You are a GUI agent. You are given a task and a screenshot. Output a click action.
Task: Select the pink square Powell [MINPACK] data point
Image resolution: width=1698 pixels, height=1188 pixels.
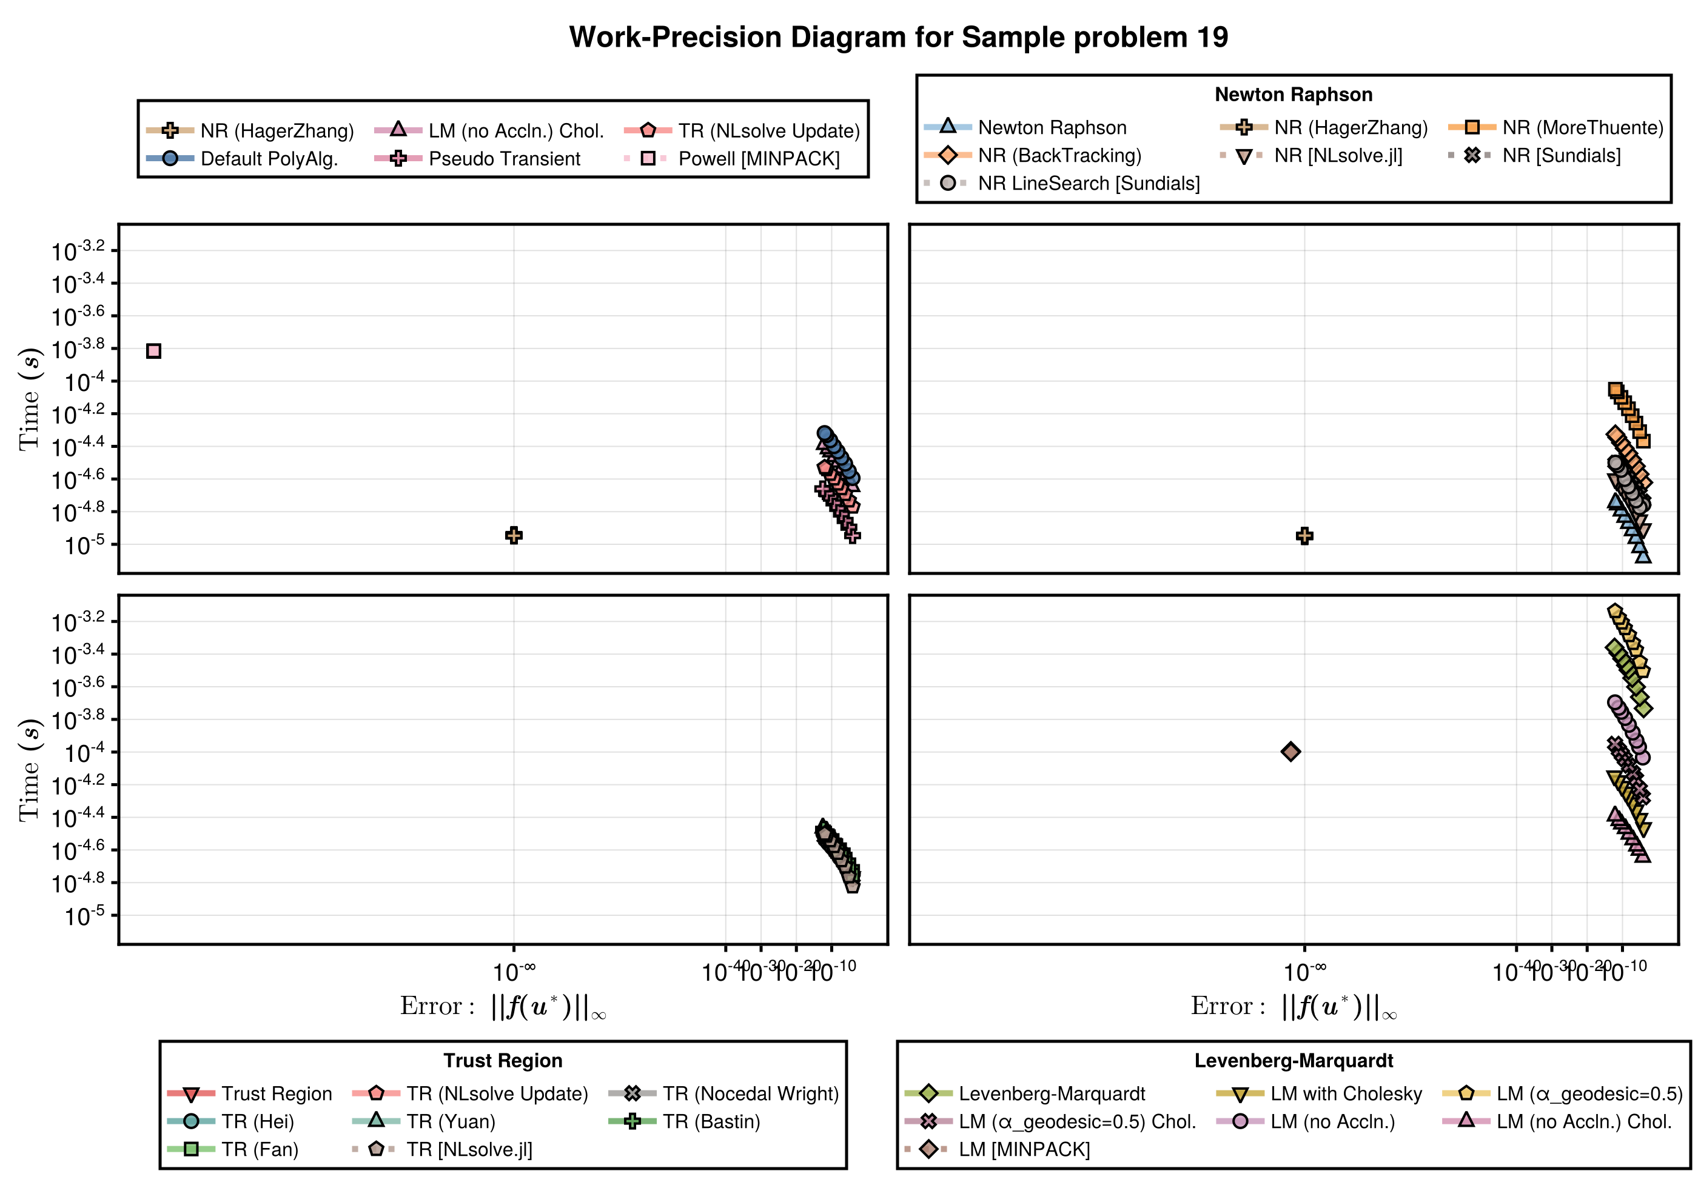pyautogui.click(x=153, y=350)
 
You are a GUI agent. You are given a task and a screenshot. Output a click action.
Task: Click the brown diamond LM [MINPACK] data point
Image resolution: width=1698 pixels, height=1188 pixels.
pyautogui.click(x=1290, y=752)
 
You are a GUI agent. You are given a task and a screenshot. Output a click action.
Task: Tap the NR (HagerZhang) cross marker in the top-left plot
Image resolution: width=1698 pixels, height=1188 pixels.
pyautogui.click(x=514, y=535)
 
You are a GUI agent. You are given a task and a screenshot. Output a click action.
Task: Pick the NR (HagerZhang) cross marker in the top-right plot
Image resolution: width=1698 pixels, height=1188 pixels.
pyautogui.click(x=1304, y=536)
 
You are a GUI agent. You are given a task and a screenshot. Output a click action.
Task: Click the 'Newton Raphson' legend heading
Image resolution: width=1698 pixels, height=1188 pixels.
pyautogui.click(x=1294, y=95)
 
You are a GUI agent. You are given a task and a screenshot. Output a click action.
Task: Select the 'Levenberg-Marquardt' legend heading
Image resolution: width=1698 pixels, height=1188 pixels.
pyautogui.click(x=1294, y=1061)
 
